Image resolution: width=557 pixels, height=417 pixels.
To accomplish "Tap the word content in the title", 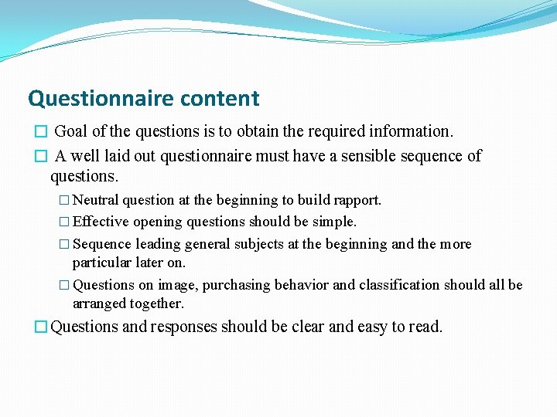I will point(220,99).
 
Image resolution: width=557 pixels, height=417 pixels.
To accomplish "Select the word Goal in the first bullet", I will point(70,131).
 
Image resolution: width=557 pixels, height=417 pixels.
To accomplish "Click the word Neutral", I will point(97,200).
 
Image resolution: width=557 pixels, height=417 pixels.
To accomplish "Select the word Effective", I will point(101,222).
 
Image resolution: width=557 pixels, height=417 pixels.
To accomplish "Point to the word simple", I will point(334,222).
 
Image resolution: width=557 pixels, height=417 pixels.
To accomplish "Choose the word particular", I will point(99,263).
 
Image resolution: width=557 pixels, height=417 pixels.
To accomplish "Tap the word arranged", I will point(99,303).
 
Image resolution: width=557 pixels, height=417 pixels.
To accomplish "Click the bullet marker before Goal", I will point(41,132).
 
